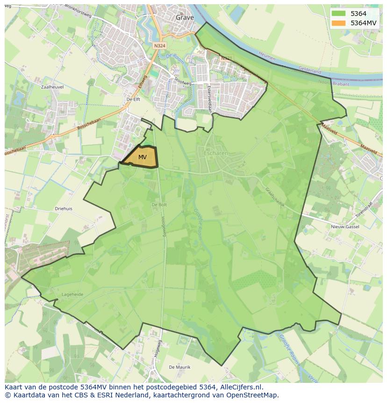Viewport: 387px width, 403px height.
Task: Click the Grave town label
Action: (185, 17)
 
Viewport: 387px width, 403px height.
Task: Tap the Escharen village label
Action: (216, 153)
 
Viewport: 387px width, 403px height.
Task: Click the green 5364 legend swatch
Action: (339, 14)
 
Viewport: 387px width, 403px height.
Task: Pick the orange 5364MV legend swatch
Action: (339, 23)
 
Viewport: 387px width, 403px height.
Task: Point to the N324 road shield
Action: (159, 46)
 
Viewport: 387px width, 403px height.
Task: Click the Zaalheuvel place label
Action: (51, 87)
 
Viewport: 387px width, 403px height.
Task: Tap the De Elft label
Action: (134, 99)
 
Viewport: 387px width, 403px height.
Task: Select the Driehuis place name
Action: (64, 209)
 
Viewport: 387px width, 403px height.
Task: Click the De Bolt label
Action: (159, 205)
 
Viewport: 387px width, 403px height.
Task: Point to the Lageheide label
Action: (72, 294)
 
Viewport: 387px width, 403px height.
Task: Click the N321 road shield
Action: (226, 58)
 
